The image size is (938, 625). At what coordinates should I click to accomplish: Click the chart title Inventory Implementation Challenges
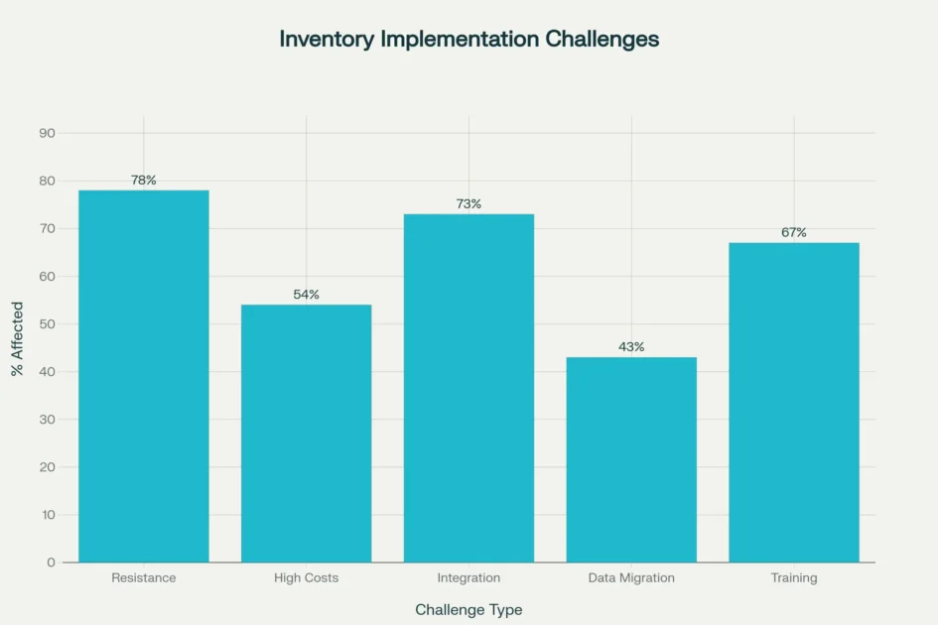click(x=469, y=39)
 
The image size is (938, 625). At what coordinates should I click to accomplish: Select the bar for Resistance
click(x=144, y=376)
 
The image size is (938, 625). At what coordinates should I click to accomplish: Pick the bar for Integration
click(x=469, y=388)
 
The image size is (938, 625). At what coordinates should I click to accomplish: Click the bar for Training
click(x=794, y=402)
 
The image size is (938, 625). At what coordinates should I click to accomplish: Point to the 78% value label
click(x=144, y=181)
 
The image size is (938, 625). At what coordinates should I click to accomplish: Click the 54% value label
click(x=306, y=295)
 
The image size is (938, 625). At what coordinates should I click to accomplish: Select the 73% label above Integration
click(x=469, y=204)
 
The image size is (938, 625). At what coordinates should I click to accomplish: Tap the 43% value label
click(x=631, y=347)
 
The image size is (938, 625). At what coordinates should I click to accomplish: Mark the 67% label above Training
click(x=794, y=233)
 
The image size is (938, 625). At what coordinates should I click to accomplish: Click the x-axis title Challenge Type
click(x=469, y=609)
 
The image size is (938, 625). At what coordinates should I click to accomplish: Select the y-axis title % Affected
click(x=17, y=339)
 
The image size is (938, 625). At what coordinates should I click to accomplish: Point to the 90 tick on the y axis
click(x=48, y=133)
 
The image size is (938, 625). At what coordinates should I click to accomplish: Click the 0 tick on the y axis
click(x=52, y=562)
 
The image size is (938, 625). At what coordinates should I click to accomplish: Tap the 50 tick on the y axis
click(x=48, y=324)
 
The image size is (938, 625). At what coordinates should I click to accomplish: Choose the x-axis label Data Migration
click(x=631, y=577)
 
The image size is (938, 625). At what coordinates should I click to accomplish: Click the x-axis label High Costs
click(x=306, y=577)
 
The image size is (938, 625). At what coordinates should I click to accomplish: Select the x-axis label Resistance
click(x=144, y=577)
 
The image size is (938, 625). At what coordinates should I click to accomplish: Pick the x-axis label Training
click(x=794, y=577)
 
